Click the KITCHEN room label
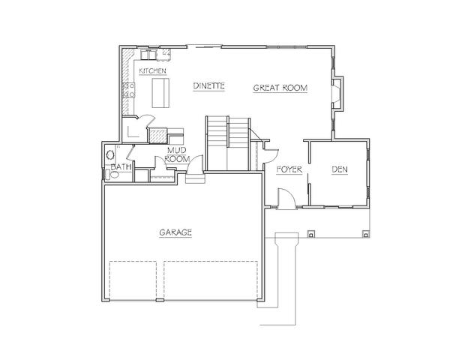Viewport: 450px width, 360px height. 152,70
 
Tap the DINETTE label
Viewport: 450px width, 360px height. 208,85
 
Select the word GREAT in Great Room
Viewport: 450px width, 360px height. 264,88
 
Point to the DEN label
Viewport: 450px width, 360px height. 340,169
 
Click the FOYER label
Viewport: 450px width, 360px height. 289,169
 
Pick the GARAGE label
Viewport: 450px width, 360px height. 175,232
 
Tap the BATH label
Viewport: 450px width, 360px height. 121,167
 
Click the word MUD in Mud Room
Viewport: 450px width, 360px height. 177,150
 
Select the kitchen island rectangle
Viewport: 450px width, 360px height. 160,93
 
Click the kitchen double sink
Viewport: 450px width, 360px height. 148,54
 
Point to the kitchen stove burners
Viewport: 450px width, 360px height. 128,90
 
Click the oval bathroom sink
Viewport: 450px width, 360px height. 110,155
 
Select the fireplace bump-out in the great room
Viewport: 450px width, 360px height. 337,94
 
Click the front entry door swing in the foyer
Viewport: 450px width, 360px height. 286,198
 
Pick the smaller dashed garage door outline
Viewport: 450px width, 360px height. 133,280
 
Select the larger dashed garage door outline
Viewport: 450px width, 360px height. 211,280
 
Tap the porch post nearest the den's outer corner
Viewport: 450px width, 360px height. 366,234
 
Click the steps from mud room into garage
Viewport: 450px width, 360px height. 195,178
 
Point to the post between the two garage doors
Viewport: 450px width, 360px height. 160,300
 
